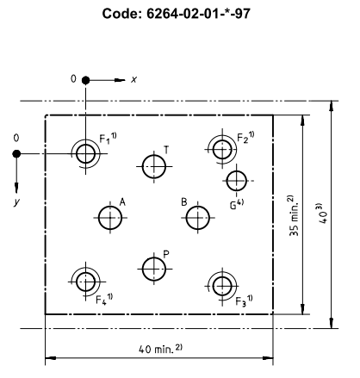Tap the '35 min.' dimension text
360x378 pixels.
(294, 215)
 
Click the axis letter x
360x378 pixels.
(134, 79)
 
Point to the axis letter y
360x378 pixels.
(17, 202)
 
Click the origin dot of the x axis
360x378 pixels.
(85, 80)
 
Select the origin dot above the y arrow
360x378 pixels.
(16, 154)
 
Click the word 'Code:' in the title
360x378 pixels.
(122, 14)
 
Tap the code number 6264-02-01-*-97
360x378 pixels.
(198, 14)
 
